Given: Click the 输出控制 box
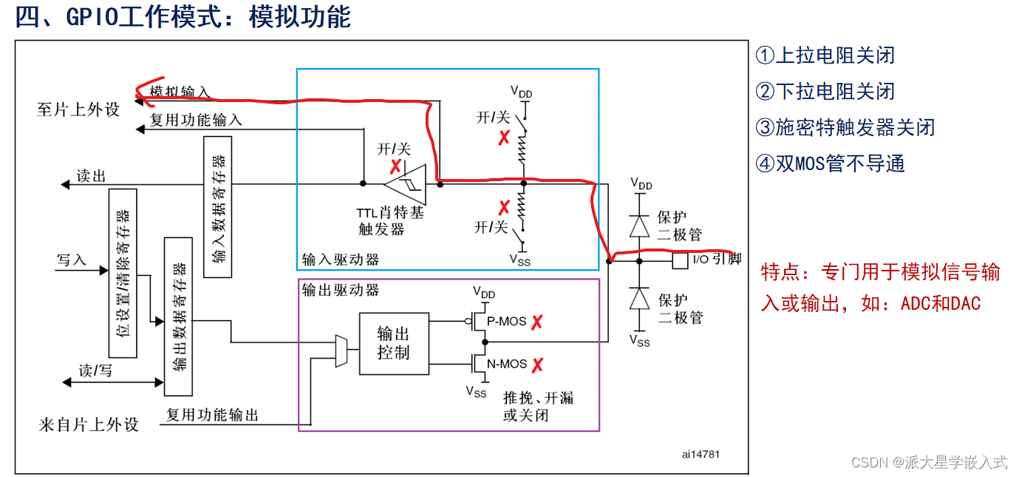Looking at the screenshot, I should [393, 343].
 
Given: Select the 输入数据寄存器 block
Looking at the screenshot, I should [217, 206].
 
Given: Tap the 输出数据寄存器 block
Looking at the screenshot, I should [178, 317].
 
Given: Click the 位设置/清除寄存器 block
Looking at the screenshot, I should [123, 273].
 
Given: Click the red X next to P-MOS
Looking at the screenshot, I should [538, 322].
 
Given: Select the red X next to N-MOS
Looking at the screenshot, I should [538, 364].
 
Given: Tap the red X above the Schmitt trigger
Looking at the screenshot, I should [396, 166].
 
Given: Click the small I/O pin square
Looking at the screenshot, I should [680, 260].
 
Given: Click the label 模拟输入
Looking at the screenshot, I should [180, 92].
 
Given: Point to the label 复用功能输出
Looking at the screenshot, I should [212, 415].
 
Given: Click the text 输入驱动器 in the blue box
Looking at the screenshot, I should [341, 260].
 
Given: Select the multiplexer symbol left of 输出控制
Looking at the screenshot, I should [341, 351].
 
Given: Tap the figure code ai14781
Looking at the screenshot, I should [700, 454].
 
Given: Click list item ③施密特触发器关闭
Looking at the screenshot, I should [845, 127].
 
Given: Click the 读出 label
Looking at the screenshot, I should [92, 176].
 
